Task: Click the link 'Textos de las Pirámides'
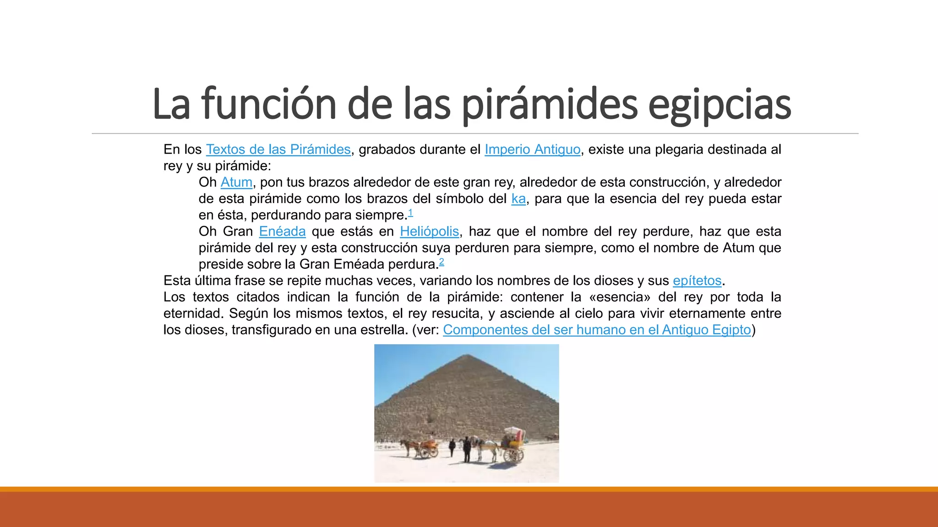pos(278,150)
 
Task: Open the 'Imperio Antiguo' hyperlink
pos(532,150)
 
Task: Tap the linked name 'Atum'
pos(236,183)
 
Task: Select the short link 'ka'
pos(518,199)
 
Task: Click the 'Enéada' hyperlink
pos(282,232)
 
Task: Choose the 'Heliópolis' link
pos(429,232)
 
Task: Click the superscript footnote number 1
pos(410,213)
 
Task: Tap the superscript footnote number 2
pos(442,262)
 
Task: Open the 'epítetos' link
pos(697,281)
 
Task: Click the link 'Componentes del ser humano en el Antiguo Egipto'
pos(597,330)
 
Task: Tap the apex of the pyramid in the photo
pos(467,355)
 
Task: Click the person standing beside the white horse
pos(467,448)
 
